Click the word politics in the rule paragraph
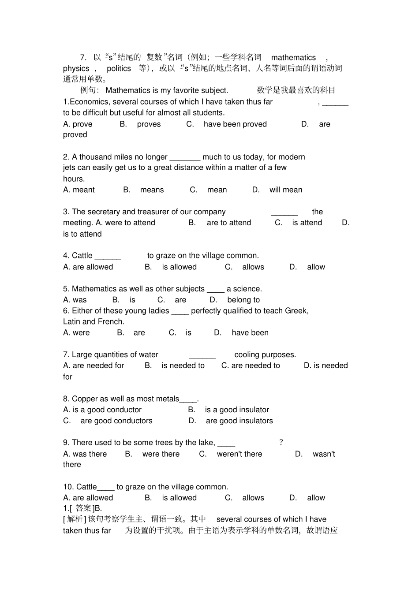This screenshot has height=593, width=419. (x=119, y=68)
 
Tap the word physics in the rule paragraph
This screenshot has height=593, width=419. (x=76, y=68)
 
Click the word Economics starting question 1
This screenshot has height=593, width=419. (x=86, y=102)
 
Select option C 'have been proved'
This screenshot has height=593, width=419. (x=235, y=124)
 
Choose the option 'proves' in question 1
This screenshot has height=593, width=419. (x=149, y=124)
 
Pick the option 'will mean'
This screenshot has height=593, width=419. (x=286, y=190)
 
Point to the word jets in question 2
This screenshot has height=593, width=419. (x=69, y=168)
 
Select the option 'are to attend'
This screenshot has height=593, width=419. (x=228, y=223)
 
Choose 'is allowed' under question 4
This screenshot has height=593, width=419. (x=179, y=267)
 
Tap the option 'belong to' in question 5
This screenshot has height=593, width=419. (x=243, y=300)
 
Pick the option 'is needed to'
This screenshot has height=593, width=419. (x=183, y=365)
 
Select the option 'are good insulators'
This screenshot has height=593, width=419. (x=239, y=421)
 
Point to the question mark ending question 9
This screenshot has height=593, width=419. (x=281, y=442)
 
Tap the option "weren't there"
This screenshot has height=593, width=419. (x=239, y=454)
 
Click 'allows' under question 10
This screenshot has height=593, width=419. (x=253, y=498)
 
